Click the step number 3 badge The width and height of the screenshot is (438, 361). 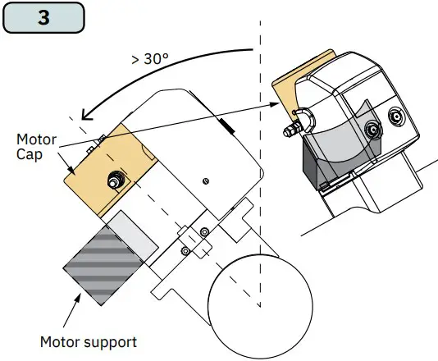point(43,17)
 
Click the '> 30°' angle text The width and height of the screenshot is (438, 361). point(150,59)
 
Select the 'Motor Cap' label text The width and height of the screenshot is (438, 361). point(36,147)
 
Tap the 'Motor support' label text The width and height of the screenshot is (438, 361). point(89,342)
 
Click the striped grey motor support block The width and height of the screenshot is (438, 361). point(103,266)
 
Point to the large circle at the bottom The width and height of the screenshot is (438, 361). point(260,306)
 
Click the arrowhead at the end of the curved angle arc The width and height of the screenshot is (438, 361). point(87,115)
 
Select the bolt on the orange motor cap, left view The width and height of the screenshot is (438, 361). point(115,180)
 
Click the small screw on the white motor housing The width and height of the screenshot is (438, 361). point(206,181)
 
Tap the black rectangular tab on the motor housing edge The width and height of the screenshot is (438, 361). point(227,126)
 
